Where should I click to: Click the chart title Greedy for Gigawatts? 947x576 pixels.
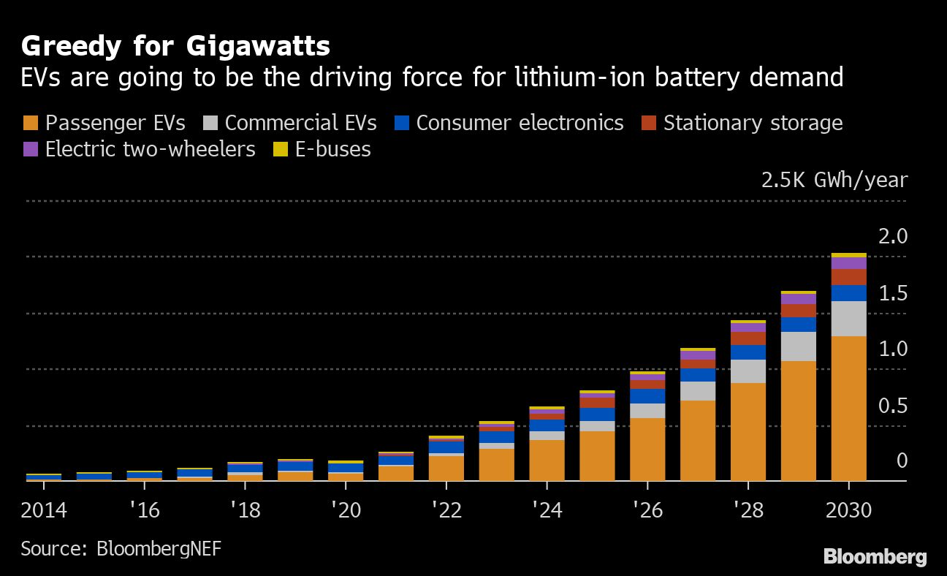tap(175, 46)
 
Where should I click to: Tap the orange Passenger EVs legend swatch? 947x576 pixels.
tap(31, 123)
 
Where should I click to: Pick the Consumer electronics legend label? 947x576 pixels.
tap(520, 123)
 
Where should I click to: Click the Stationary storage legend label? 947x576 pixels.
tap(753, 123)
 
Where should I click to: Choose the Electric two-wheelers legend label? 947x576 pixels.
tap(150, 149)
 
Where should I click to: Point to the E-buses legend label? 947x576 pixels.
tap(332, 149)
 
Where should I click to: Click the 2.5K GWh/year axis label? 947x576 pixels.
tap(834, 180)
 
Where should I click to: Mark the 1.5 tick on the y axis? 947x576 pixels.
tap(891, 294)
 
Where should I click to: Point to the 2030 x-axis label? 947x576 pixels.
tap(848, 509)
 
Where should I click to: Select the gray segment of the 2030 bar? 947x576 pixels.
tap(848, 319)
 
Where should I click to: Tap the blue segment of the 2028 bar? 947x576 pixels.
tap(748, 352)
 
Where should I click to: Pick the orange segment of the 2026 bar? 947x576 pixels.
tap(647, 450)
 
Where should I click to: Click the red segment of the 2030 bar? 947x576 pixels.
tap(848, 277)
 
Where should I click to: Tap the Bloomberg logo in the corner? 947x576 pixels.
tap(875, 557)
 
